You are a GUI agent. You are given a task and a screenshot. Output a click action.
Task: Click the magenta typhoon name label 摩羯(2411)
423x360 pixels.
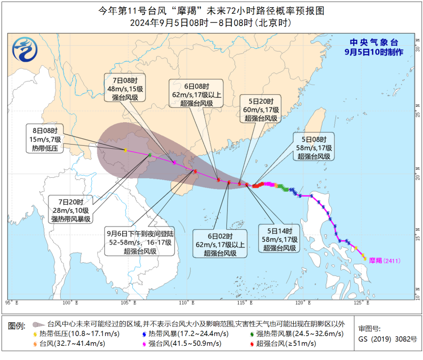click(x=385, y=261)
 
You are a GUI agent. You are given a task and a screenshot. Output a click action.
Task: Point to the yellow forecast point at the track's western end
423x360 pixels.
click(x=125, y=150)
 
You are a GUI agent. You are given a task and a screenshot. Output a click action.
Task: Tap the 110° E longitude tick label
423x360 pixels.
click(x=187, y=303)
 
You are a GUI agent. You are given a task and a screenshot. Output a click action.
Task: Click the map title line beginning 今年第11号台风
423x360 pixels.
click(x=211, y=10)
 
